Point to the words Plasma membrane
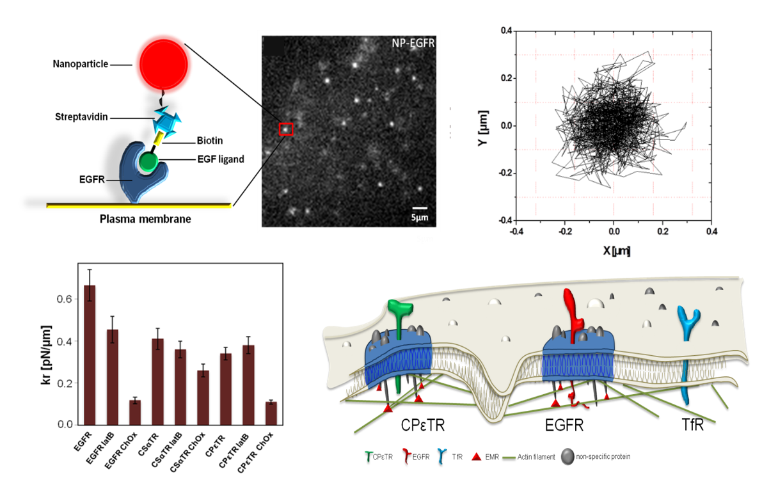[145, 220]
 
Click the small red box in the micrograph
[286, 129]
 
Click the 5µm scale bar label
[420, 218]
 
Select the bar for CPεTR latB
[248, 385]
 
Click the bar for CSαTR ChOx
[203, 397]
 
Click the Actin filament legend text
[537, 457]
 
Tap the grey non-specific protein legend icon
[567, 456]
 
